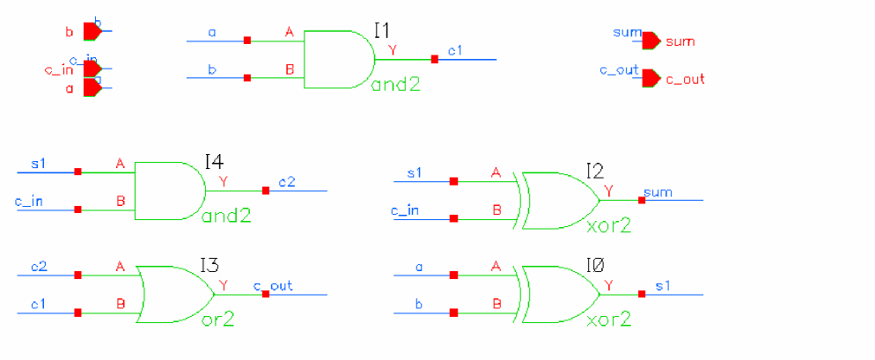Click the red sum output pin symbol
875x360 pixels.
(x=651, y=40)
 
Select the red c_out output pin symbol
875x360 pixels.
(x=651, y=78)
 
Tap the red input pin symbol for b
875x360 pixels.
(x=92, y=32)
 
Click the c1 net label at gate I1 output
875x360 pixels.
(x=454, y=51)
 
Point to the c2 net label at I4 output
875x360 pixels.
(x=287, y=182)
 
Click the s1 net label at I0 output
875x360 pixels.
(x=662, y=285)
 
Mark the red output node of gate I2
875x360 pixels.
(x=642, y=200)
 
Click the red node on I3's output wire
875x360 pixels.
(x=265, y=294)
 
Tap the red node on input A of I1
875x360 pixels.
(x=247, y=40)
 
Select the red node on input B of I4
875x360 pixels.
(x=78, y=209)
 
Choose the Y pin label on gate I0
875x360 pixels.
(x=609, y=285)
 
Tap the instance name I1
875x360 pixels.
(x=381, y=32)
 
